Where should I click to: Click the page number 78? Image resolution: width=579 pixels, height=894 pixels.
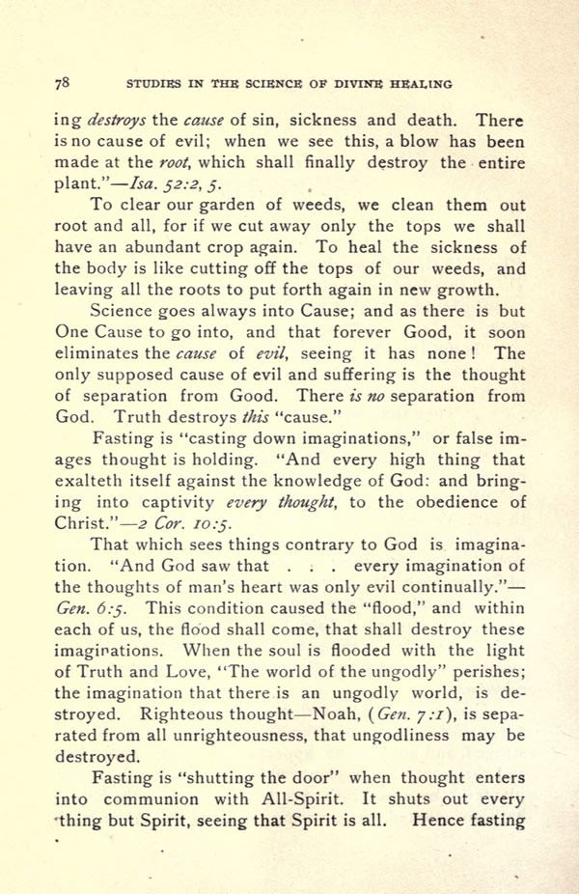pyautogui.click(x=61, y=83)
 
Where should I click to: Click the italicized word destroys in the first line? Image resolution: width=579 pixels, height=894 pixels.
pyautogui.click(x=118, y=121)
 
